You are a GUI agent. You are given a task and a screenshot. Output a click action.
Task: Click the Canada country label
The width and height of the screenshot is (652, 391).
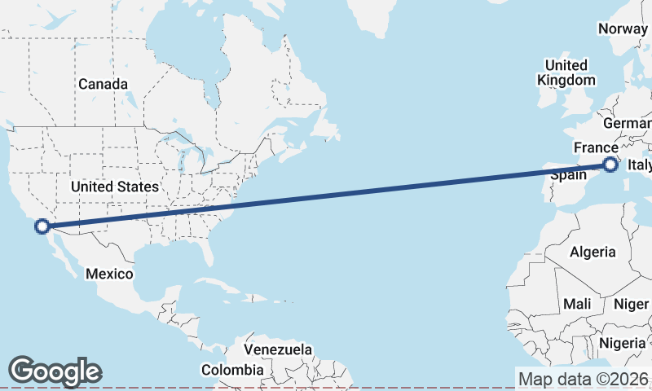pos(103,84)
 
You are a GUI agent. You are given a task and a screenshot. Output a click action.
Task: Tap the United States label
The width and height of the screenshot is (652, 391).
pos(114,187)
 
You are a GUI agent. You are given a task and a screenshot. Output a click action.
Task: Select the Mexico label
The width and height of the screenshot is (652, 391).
pos(109,274)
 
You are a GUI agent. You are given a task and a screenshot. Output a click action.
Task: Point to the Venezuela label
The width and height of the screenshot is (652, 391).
pos(278,349)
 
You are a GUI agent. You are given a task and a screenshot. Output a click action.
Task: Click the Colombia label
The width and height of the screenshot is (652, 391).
pos(232,370)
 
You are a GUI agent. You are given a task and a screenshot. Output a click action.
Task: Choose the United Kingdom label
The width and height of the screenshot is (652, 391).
pos(566,72)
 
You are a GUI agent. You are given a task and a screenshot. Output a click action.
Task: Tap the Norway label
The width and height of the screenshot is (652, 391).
pos(623,29)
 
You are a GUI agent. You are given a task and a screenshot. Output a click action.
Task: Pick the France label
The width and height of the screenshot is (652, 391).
pos(595,147)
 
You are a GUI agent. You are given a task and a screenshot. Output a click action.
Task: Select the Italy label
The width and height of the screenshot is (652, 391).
pos(640,166)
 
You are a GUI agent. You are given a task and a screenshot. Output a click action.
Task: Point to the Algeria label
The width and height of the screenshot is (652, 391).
pos(593,253)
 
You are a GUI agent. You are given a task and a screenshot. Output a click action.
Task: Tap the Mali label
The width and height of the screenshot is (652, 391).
pos(577,304)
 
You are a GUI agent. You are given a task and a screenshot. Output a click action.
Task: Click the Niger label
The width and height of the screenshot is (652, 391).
pos(631,304)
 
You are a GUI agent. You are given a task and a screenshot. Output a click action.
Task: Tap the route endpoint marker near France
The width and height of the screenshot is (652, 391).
pos(610,165)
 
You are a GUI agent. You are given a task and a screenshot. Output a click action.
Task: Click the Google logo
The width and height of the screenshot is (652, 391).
pos(55,371)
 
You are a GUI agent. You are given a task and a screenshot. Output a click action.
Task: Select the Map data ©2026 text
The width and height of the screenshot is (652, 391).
pos(584,379)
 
